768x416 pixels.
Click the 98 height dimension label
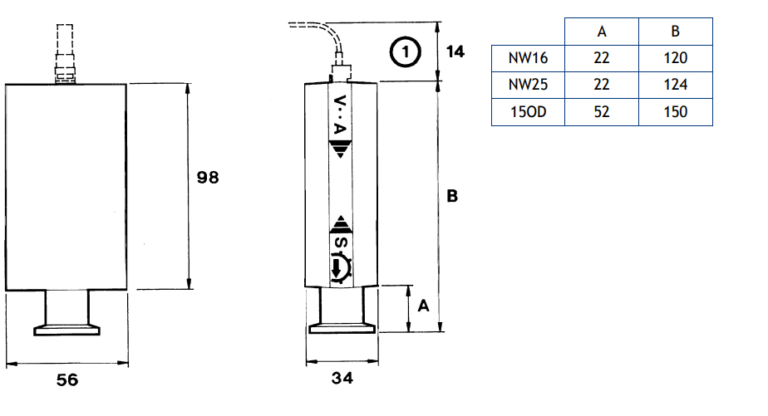coord(208,177)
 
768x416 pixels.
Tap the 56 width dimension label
coord(67,379)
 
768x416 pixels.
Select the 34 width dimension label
coord(342,378)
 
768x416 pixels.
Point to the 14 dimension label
coord(455,51)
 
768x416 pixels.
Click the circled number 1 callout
coord(405,51)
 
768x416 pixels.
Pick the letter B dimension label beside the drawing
coord(452,196)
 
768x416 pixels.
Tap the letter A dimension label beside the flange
coord(423,306)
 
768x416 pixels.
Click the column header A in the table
coord(602,32)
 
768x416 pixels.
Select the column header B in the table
coord(676,32)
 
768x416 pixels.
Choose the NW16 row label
coord(528,58)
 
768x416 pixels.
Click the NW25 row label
coord(528,85)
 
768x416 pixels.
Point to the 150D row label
coord(528,112)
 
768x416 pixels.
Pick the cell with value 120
coord(676,58)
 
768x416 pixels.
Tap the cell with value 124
coord(676,85)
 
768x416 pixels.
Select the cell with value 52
coord(602,112)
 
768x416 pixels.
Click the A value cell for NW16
coord(602,58)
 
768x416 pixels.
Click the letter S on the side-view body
coord(341,242)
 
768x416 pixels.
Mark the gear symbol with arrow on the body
coord(341,267)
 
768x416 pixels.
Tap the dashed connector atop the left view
coord(65,54)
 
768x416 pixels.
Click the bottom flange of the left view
coord(66,330)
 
